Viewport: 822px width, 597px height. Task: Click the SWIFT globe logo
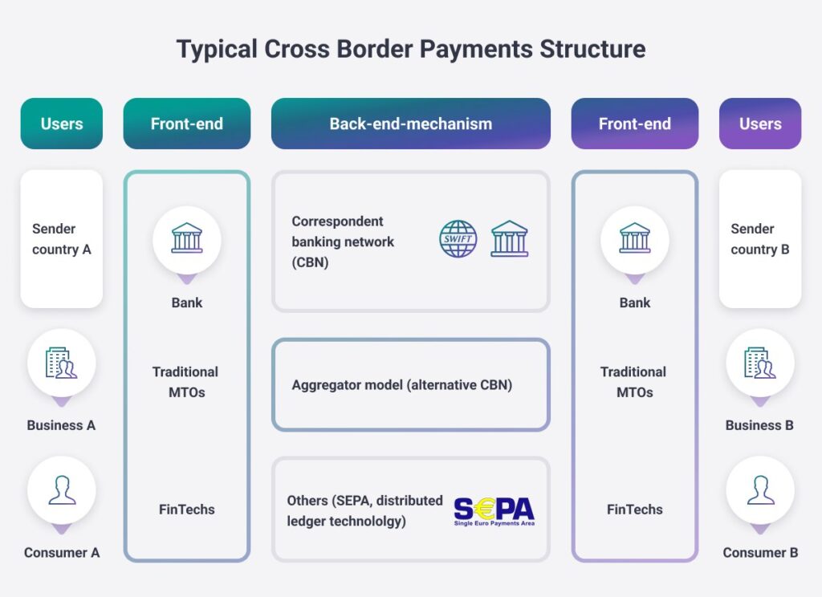pyautogui.click(x=458, y=238)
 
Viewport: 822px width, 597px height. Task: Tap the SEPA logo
pyautogui.click(x=494, y=510)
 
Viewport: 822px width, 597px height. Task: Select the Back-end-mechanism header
pyautogui.click(x=410, y=124)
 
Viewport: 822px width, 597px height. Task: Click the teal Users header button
pyautogui.click(x=62, y=124)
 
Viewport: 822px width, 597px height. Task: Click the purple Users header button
pyautogui.click(x=759, y=124)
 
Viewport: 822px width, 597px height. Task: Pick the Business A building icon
pyautogui.click(x=62, y=363)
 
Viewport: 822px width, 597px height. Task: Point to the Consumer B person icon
pyautogui.click(x=759, y=490)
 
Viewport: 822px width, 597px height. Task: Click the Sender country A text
pyautogui.click(x=62, y=239)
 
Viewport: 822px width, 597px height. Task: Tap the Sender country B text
pyautogui.click(x=759, y=239)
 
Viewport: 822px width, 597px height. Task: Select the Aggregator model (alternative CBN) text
pyautogui.click(x=401, y=384)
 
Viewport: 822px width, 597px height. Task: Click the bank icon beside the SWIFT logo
pyautogui.click(x=510, y=238)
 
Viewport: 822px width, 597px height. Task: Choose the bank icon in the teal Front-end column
pyautogui.click(x=187, y=238)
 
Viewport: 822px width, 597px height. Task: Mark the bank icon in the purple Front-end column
pyautogui.click(x=635, y=238)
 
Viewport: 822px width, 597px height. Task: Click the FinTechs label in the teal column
pyautogui.click(x=187, y=510)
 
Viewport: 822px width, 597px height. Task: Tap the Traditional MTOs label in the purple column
pyautogui.click(x=634, y=382)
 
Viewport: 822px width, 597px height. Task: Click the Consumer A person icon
pyautogui.click(x=62, y=490)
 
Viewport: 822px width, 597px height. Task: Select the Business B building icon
pyautogui.click(x=759, y=363)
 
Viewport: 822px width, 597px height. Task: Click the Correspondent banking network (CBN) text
pyautogui.click(x=344, y=242)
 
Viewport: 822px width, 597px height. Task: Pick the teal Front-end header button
pyautogui.click(x=187, y=124)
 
